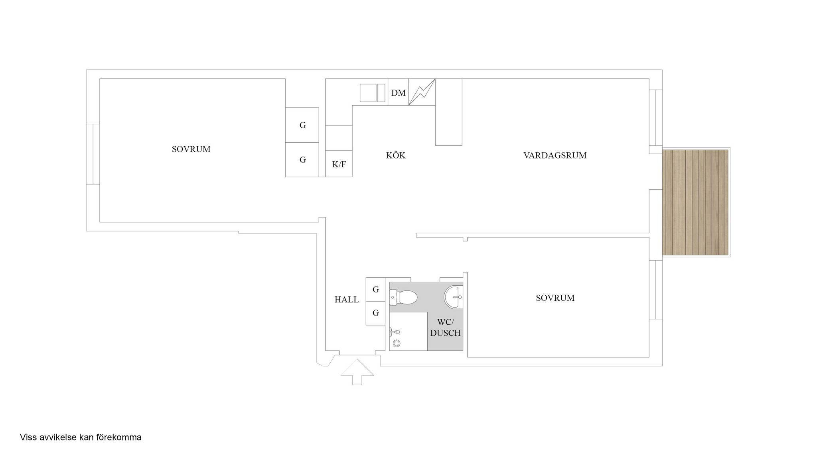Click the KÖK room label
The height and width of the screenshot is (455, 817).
click(x=396, y=155)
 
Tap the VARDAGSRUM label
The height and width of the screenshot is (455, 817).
click(x=555, y=155)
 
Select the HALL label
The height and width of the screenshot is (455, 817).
click(x=346, y=300)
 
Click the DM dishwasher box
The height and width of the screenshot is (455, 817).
click(x=398, y=92)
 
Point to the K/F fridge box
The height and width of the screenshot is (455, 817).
click(x=339, y=163)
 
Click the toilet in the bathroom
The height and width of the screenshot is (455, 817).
click(x=403, y=297)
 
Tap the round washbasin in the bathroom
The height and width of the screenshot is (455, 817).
click(x=454, y=297)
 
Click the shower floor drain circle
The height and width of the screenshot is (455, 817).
click(x=397, y=343)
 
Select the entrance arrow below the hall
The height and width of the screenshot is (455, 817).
click(x=357, y=372)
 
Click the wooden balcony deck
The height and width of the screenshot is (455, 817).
click(x=695, y=202)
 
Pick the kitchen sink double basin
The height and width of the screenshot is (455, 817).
click(x=372, y=93)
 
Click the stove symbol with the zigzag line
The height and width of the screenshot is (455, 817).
click(x=422, y=92)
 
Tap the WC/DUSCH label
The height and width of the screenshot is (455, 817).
click(x=445, y=328)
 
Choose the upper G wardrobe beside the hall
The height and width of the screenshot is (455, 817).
click(x=375, y=289)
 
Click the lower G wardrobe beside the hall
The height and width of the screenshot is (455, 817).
click(x=375, y=313)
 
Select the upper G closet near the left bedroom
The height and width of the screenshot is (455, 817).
click(x=302, y=125)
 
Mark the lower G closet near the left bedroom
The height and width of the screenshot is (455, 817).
click(x=302, y=160)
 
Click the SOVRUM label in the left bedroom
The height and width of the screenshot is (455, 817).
click(x=191, y=149)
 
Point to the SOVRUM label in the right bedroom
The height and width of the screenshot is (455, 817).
click(x=555, y=298)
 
